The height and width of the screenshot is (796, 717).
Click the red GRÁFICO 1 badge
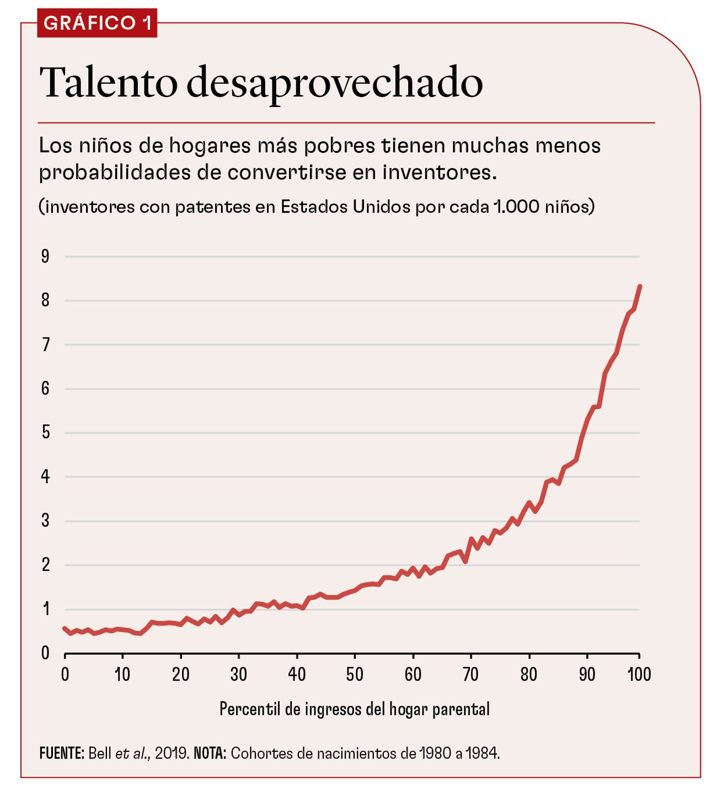tap(97, 23)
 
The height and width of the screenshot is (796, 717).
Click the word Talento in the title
tap(108, 83)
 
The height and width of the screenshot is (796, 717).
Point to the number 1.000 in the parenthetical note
tap(516, 206)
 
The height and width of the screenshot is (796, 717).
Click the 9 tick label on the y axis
tap(45, 256)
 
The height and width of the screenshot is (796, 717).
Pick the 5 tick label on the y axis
tap(45, 432)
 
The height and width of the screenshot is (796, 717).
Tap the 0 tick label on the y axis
tap(45, 653)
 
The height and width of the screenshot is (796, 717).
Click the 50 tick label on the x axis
tap(355, 674)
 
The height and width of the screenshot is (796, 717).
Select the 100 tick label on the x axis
tap(639, 674)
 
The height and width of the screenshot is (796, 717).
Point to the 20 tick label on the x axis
tap(180, 674)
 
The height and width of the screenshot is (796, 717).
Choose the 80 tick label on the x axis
tap(529, 674)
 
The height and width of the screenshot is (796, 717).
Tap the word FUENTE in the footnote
tap(61, 754)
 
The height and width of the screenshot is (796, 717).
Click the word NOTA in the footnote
tap(210, 754)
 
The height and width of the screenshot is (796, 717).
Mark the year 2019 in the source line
tap(171, 754)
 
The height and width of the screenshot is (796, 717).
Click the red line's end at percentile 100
tap(640, 286)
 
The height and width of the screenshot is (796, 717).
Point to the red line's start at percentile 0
tap(65, 628)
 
